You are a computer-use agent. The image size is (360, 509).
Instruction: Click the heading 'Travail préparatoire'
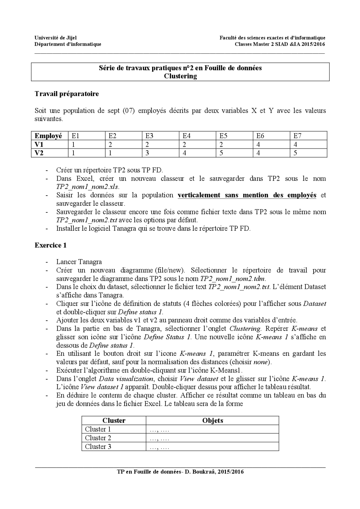click(x=67, y=94)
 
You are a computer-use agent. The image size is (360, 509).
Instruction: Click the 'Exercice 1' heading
click(x=51, y=245)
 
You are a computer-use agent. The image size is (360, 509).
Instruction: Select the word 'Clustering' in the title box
click(x=180, y=76)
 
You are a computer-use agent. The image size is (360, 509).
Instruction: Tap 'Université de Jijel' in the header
click(x=55, y=38)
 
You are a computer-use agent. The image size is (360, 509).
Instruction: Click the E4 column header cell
click(x=186, y=136)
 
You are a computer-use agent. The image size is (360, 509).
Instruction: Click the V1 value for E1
click(x=73, y=144)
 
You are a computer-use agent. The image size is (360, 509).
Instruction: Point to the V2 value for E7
click(x=295, y=153)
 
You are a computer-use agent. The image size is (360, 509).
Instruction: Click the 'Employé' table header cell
click(x=48, y=136)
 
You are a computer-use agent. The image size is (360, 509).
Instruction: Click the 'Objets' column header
click(x=213, y=420)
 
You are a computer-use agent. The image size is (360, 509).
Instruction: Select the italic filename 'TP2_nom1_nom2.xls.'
click(x=88, y=187)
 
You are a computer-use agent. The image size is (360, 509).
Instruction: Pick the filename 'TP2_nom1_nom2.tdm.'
click(x=233, y=279)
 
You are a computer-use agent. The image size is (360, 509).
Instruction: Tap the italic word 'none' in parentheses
click(x=260, y=362)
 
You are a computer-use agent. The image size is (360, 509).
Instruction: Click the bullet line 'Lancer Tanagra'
click(x=79, y=262)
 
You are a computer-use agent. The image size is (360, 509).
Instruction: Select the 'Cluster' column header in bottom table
click(x=114, y=420)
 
